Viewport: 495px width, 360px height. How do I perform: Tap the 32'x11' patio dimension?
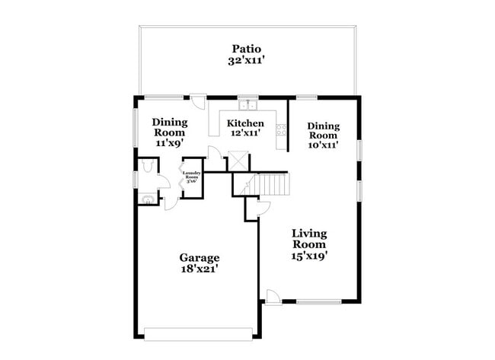click(x=247, y=60)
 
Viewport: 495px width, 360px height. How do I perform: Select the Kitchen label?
click(x=246, y=123)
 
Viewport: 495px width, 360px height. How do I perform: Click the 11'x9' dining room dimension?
click(x=170, y=143)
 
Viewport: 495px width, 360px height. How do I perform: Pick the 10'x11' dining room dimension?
click(x=323, y=143)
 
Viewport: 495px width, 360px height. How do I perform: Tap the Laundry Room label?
click(x=190, y=177)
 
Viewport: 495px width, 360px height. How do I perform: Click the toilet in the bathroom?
click(x=147, y=166)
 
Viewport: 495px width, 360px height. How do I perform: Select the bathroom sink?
click(x=147, y=199)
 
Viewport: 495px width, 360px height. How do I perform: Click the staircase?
click(x=273, y=183)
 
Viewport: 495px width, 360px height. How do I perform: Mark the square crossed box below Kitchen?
click(x=239, y=161)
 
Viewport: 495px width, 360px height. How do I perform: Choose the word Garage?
click(x=200, y=257)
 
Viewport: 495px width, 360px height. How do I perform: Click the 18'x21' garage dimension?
click(x=200, y=269)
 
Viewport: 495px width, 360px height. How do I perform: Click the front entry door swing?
click(x=272, y=296)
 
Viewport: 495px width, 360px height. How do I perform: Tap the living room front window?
click(x=318, y=302)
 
